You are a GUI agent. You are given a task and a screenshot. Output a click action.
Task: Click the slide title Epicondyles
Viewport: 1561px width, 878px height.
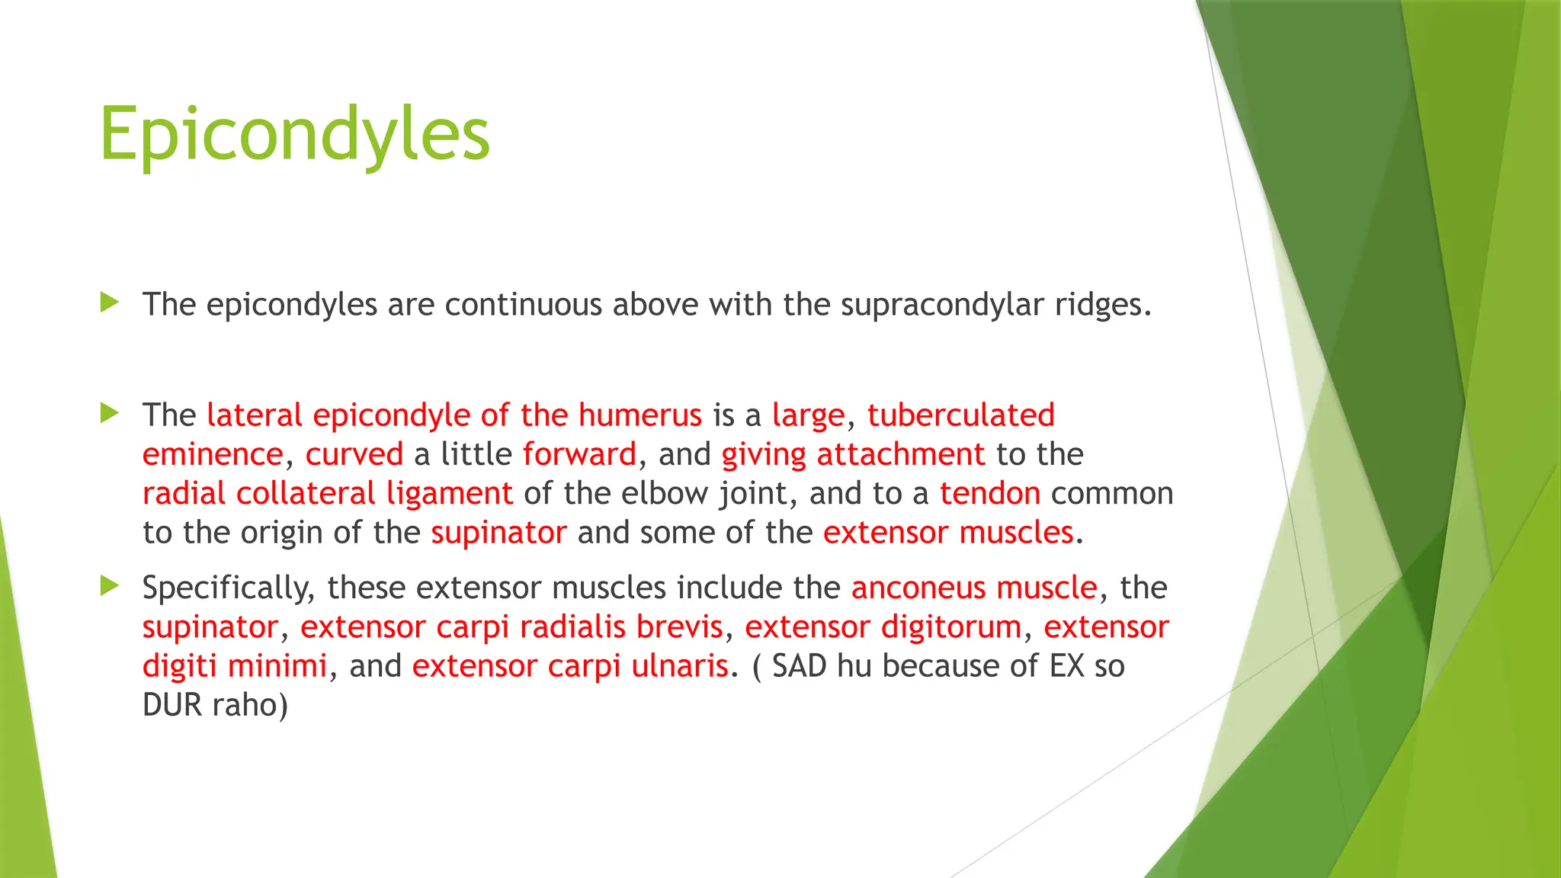(x=294, y=134)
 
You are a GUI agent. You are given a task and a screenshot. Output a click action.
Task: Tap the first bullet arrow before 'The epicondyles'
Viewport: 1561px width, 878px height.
(x=110, y=303)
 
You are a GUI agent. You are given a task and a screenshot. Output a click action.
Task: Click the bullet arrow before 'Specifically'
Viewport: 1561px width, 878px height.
(x=110, y=586)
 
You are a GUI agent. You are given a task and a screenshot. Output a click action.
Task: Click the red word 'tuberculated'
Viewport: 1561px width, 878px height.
(x=960, y=415)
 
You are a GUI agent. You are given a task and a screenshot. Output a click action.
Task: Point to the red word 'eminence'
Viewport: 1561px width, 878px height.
(x=213, y=455)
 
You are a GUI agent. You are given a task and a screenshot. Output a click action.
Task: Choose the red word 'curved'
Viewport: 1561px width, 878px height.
(x=354, y=455)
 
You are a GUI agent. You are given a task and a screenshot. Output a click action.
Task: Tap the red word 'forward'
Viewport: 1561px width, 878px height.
(x=579, y=455)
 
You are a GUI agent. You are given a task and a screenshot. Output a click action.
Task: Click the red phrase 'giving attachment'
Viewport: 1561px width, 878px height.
(x=853, y=455)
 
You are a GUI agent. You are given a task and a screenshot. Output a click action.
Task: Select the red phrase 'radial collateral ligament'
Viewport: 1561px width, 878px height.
(x=327, y=494)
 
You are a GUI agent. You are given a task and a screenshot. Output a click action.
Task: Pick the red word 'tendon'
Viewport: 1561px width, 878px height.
(x=989, y=494)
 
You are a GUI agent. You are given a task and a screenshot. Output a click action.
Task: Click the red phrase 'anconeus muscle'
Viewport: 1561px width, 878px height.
(x=974, y=588)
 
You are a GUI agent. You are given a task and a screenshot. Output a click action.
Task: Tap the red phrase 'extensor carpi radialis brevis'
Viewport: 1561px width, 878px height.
(x=511, y=627)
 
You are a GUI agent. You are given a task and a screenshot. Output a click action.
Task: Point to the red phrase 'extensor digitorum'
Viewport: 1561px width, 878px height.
(x=883, y=627)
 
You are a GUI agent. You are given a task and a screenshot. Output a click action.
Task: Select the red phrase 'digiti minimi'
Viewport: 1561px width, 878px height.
(x=235, y=666)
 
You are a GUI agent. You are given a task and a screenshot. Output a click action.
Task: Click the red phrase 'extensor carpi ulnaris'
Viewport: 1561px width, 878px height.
(x=570, y=666)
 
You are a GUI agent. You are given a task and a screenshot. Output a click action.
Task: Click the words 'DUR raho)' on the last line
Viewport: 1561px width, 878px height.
(x=215, y=705)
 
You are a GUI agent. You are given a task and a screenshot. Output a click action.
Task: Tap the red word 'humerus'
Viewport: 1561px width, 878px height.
(x=639, y=415)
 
